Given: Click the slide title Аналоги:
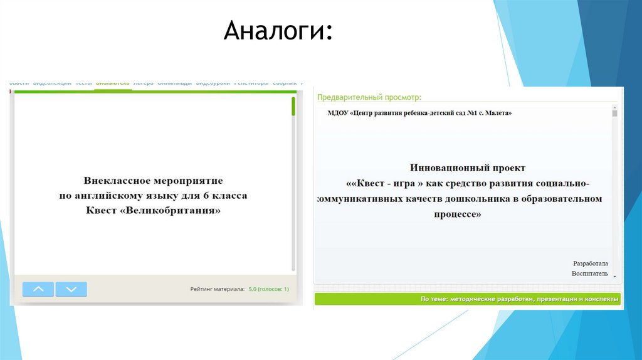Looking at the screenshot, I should pos(278,31).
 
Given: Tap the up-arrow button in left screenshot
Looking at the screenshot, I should pos(38,289).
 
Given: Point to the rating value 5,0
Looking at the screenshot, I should pos(253,290).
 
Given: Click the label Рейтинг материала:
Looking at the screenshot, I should pos(218,290).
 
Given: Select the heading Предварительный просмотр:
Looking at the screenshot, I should pos(369,98).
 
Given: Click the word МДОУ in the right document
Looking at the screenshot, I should pos(338,114).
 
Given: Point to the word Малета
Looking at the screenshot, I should pos(499,114).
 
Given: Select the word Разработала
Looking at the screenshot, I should pos(590,263).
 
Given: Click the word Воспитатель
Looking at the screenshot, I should pos(589,274).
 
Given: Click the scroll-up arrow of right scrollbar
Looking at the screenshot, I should pos(614,108).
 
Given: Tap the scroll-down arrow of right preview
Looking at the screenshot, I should pos(614,277).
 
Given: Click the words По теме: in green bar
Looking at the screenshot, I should pos(433,300).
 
